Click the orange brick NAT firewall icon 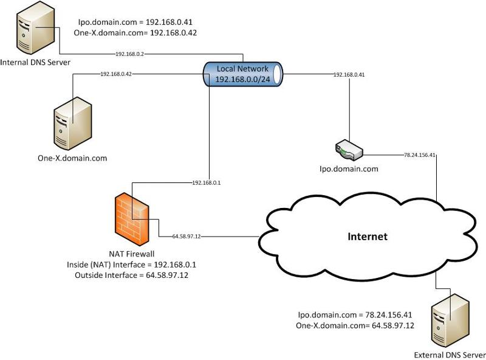132,216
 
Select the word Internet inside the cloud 367,236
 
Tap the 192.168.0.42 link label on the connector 117,74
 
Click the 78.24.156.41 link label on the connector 420,155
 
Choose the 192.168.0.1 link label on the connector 207,182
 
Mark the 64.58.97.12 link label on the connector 187,236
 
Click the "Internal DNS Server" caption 36,63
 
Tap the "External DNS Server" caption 450,355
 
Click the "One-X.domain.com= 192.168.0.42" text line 134,32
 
